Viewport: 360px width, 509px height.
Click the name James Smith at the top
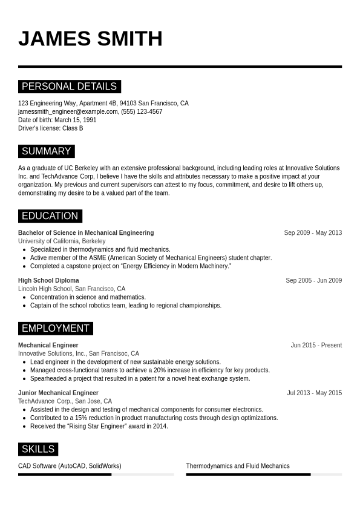coord(90,39)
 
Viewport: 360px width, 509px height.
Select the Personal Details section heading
coord(69,87)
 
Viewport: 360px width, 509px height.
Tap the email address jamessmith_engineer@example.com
coord(68,112)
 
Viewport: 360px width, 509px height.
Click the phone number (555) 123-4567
coord(142,112)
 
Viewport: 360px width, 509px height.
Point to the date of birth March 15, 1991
coord(75,120)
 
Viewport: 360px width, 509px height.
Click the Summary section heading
coord(46,151)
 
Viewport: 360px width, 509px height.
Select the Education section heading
coord(50,216)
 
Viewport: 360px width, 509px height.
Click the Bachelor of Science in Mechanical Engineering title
coord(86,233)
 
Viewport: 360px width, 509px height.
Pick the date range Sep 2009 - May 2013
coord(313,233)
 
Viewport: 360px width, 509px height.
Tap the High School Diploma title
coord(48,281)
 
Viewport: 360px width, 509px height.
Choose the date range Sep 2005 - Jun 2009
coord(313,281)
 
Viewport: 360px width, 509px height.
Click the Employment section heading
coord(55,329)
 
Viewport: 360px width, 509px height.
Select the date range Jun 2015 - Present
coord(316,346)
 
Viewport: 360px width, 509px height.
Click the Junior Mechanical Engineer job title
coord(58,393)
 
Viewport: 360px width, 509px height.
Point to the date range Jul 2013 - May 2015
coord(314,393)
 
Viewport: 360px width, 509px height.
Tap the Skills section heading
coord(38,449)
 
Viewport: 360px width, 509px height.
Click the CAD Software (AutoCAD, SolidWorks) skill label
coord(70,466)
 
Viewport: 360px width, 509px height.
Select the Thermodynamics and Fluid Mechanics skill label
coord(238,466)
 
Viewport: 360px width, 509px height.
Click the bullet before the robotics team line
coord(24,306)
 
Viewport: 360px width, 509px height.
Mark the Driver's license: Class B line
coord(51,129)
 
